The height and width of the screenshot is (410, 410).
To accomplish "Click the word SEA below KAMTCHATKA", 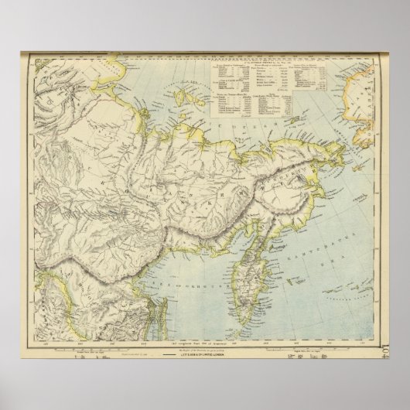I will coord(326,203).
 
